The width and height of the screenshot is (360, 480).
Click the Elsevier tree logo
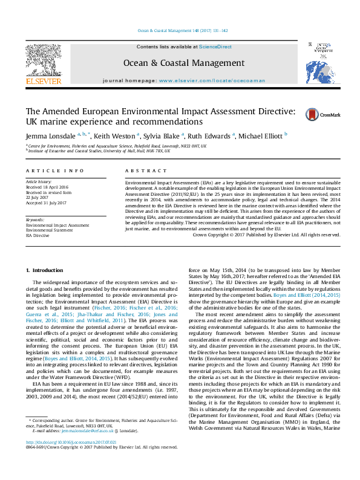click(x=43, y=60)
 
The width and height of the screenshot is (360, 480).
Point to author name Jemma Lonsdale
click(x=50, y=136)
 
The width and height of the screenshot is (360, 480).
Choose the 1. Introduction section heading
click(x=46, y=269)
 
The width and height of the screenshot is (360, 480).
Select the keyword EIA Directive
click(x=39, y=235)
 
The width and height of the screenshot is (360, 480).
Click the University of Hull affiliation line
click(x=100, y=151)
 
